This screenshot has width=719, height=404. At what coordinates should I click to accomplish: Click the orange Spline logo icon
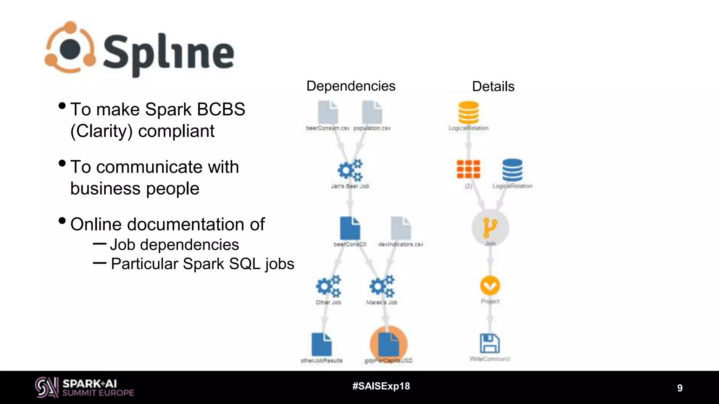70,48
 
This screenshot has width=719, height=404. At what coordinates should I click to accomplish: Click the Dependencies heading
351,86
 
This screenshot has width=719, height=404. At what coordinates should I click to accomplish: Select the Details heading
493,87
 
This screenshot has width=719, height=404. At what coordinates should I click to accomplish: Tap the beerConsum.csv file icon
328,112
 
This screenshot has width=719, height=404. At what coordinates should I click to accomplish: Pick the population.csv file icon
372,112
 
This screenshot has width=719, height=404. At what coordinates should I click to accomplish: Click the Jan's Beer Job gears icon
350,170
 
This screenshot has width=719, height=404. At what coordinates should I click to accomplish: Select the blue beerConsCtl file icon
350,228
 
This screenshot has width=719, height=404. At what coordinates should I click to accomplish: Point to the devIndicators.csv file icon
401,228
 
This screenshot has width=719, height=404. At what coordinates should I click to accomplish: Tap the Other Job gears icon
328,286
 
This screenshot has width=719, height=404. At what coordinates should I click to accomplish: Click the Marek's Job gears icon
382,286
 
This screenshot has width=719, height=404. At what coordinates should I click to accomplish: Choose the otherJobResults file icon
322,344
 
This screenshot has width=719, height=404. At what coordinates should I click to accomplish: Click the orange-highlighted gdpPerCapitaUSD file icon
389,344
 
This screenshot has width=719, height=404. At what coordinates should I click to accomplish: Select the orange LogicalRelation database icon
468,112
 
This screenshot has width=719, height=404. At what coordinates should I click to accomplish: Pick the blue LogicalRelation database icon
512,170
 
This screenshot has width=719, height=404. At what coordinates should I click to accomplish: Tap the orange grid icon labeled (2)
468,169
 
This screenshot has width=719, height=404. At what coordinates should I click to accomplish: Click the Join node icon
490,227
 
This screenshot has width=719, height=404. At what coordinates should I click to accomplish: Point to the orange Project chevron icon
490,285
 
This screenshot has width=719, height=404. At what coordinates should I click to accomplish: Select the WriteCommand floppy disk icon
490,343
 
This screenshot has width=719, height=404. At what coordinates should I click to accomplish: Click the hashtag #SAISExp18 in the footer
381,386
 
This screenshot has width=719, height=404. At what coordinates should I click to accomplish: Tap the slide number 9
680,388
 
